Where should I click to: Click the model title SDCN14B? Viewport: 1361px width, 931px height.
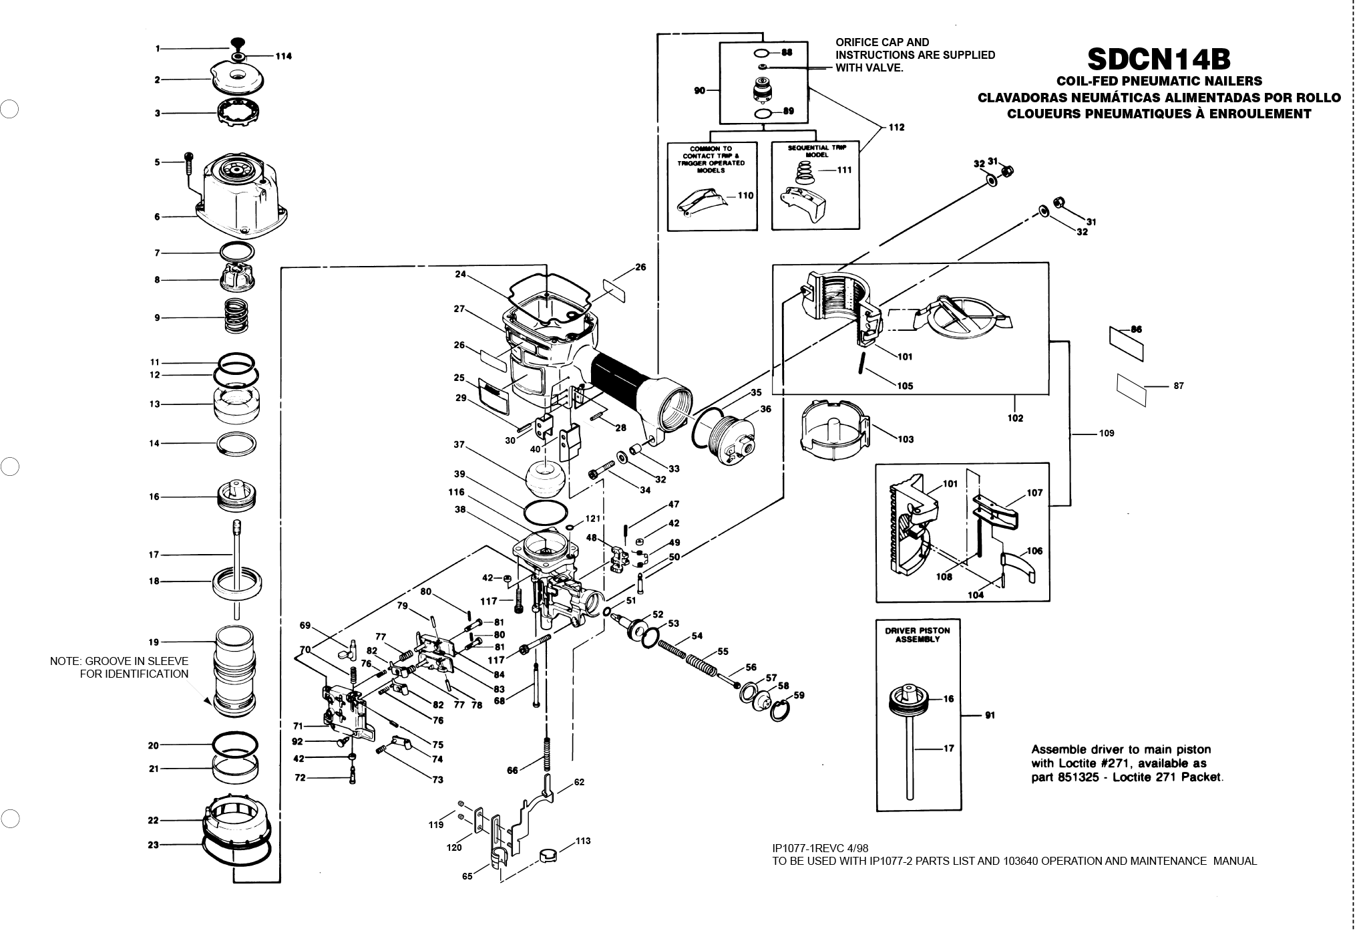(1159, 59)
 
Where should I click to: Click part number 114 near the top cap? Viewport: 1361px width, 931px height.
(284, 56)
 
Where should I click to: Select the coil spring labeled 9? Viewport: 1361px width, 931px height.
(236, 315)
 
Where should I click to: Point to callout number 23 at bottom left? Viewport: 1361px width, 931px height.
(153, 845)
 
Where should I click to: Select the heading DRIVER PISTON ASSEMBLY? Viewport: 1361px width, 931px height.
(917, 634)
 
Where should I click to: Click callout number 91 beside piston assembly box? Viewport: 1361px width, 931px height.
(990, 715)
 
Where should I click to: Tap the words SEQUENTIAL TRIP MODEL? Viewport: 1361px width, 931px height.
(817, 151)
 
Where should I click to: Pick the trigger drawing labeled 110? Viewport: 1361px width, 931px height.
(701, 201)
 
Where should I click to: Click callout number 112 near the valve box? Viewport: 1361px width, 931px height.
(897, 127)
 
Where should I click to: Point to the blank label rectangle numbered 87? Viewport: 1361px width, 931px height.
(1131, 390)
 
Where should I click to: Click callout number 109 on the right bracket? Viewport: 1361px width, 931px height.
(1107, 433)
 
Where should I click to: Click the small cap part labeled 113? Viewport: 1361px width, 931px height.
(547, 856)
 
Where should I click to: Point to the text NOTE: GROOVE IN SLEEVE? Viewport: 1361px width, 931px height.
(119, 661)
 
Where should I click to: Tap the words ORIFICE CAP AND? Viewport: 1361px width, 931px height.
(882, 42)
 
